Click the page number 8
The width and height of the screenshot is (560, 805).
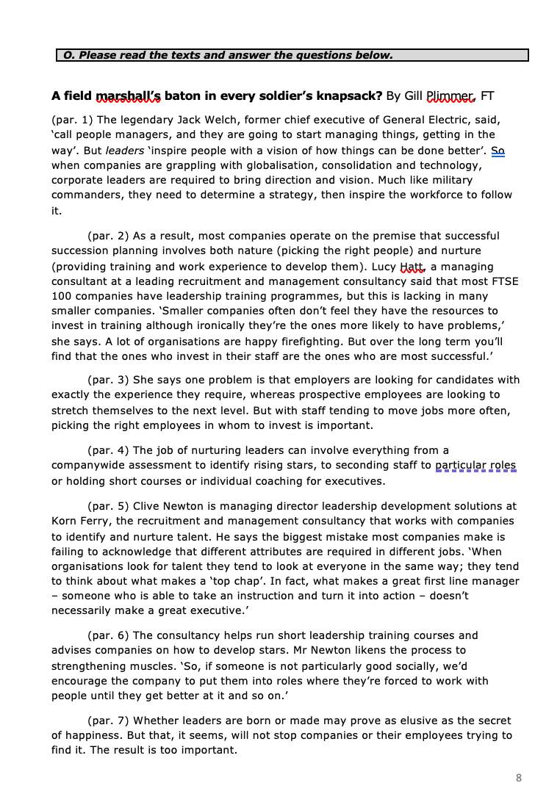tap(519, 778)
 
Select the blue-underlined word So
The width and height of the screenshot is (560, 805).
tap(498, 150)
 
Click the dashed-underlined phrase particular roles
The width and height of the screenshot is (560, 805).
tap(475, 465)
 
